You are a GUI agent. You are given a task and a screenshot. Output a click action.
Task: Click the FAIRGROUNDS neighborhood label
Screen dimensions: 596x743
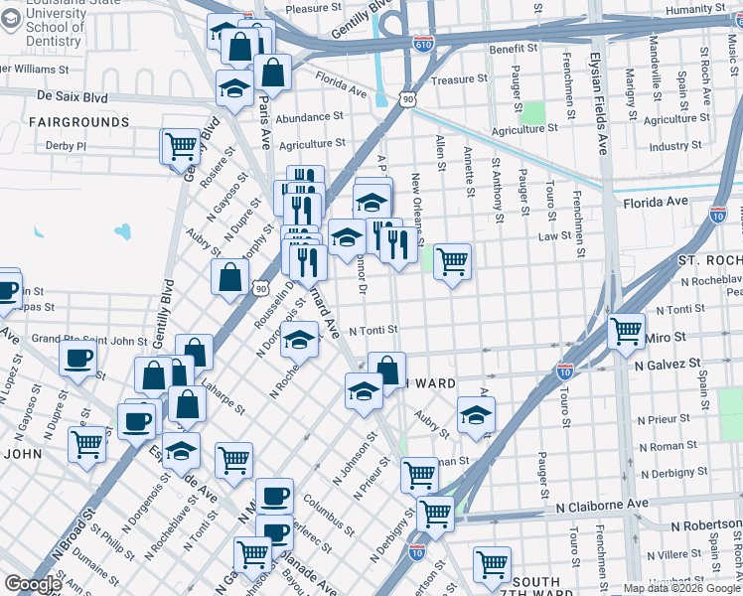(x=78, y=121)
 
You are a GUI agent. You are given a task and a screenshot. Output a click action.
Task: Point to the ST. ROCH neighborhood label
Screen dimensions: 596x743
(x=710, y=259)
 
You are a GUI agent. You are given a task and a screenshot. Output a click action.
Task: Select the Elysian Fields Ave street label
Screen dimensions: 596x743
(x=599, y=102)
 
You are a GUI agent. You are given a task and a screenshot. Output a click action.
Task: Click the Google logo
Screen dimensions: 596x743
(x=33, y=584)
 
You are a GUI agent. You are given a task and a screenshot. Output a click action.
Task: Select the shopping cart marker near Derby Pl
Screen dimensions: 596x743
(x=181, y=146)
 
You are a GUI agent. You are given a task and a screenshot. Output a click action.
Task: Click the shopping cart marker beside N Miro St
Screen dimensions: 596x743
(x=626, y=331)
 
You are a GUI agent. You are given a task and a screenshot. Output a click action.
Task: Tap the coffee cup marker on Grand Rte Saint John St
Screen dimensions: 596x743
(x=77, y=359)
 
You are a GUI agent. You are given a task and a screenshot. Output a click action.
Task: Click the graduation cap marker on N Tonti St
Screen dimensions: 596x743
(x=299, y=340)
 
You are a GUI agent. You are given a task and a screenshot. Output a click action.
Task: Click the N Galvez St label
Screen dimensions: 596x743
(x=668, y=365)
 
